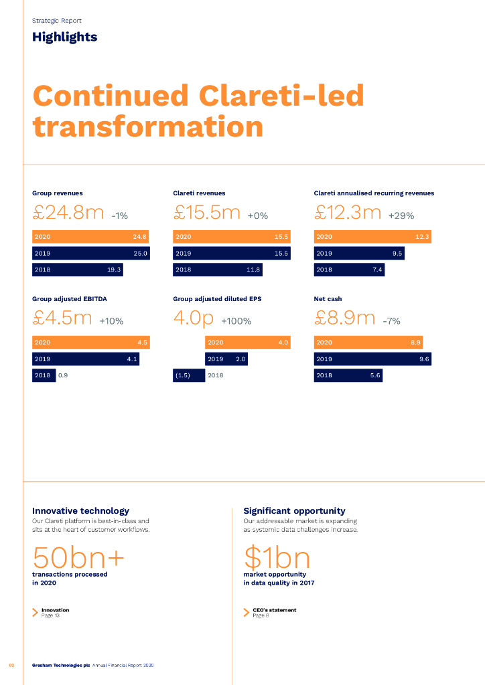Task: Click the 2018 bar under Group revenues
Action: point(78,270)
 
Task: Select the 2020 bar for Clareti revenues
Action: point(231,237)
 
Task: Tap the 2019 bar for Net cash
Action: point(372,359)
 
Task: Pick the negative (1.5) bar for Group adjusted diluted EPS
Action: point(189,375)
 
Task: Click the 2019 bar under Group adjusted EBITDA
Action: point(86,359)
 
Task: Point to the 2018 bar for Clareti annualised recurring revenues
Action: point(349,270)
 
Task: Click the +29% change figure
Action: point(401,216)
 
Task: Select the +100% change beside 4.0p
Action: point(236,321)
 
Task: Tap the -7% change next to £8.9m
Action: point(391,321)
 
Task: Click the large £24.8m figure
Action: point(68,213)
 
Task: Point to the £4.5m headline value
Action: point(62,318)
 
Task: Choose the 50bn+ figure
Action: point(78,557)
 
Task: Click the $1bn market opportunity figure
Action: point(277,557)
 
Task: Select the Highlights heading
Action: point(64,37)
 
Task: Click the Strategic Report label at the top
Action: point(57,21)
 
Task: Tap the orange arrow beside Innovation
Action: point(36,612)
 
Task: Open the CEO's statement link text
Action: point(274,610)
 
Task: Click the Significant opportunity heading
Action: point(294,510)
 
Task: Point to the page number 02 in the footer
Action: point(11,665)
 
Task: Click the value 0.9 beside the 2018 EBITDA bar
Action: point(63,375)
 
